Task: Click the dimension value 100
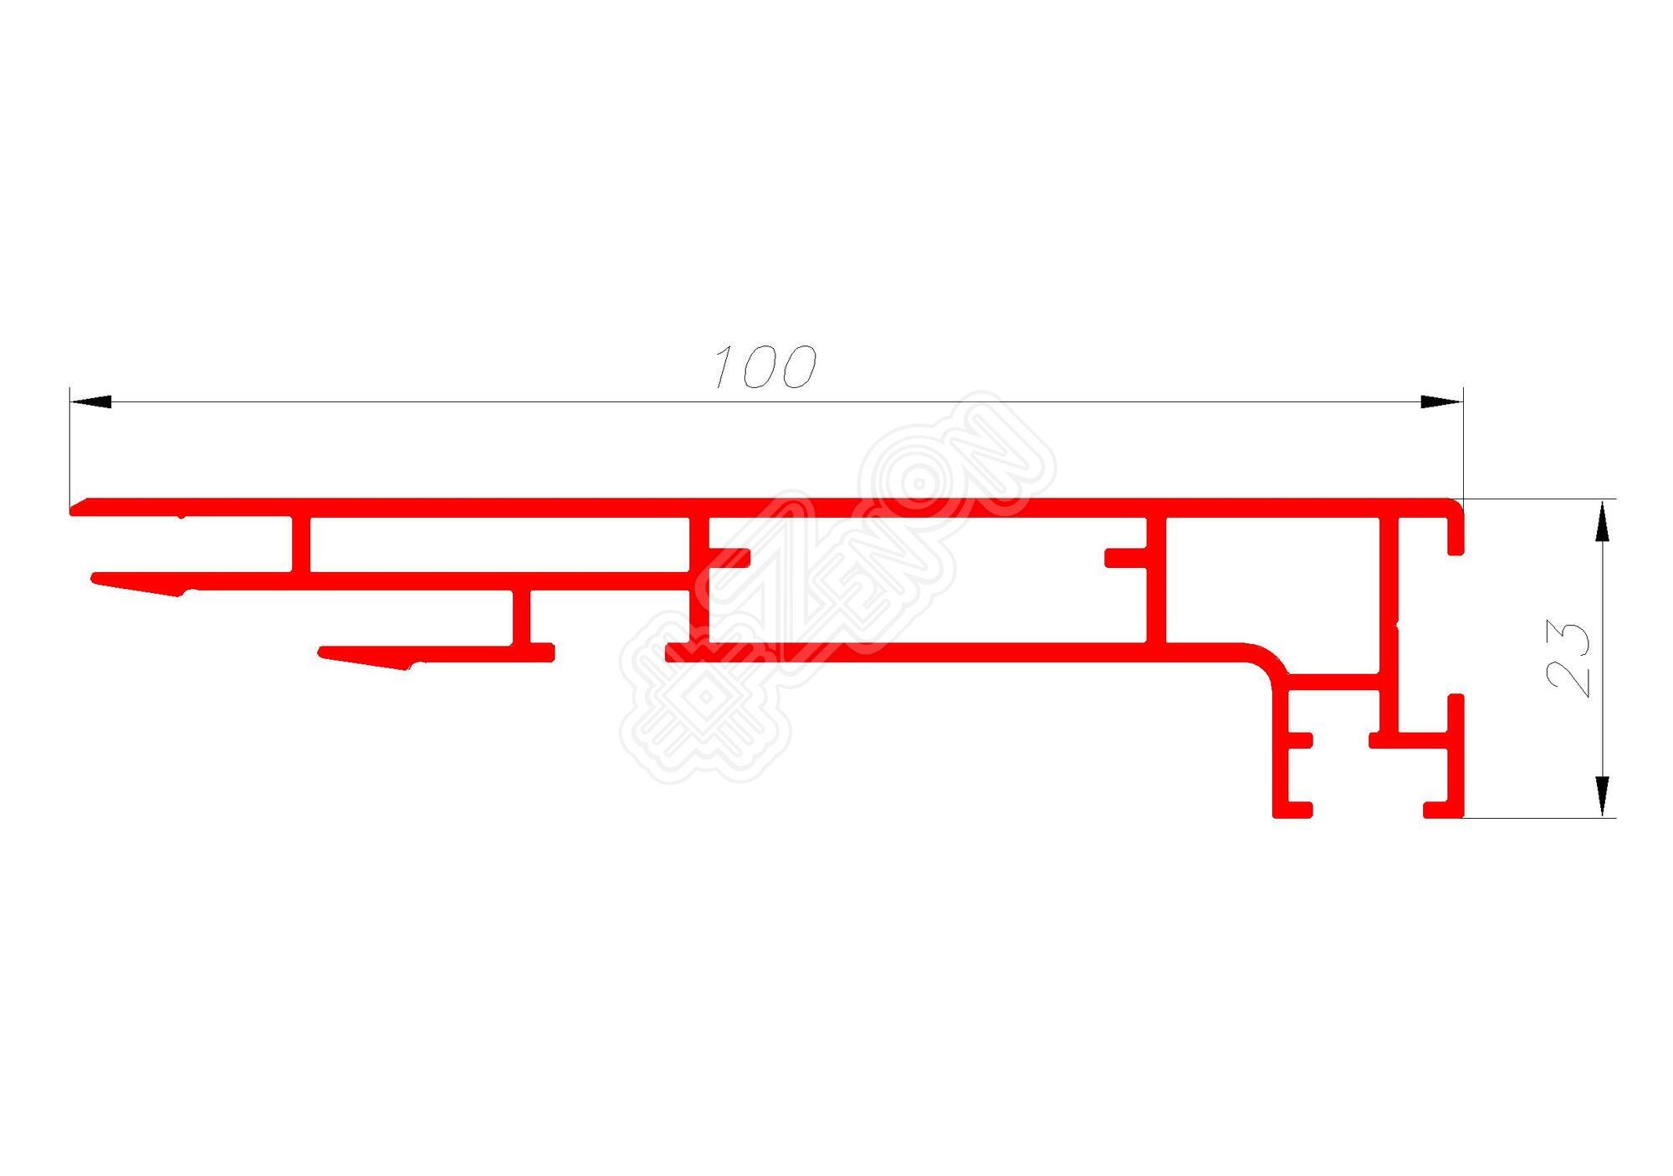click(x=764, y=367)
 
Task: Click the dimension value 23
click(x=1568, y=659)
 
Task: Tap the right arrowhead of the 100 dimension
click(x=1441, y=402)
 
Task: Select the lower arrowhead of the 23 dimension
click(x=1602, y=796)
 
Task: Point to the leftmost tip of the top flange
click(x=74, y=508)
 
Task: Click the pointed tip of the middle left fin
click(x=95, y=578)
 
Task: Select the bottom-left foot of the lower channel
click(x=1292, y=809)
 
